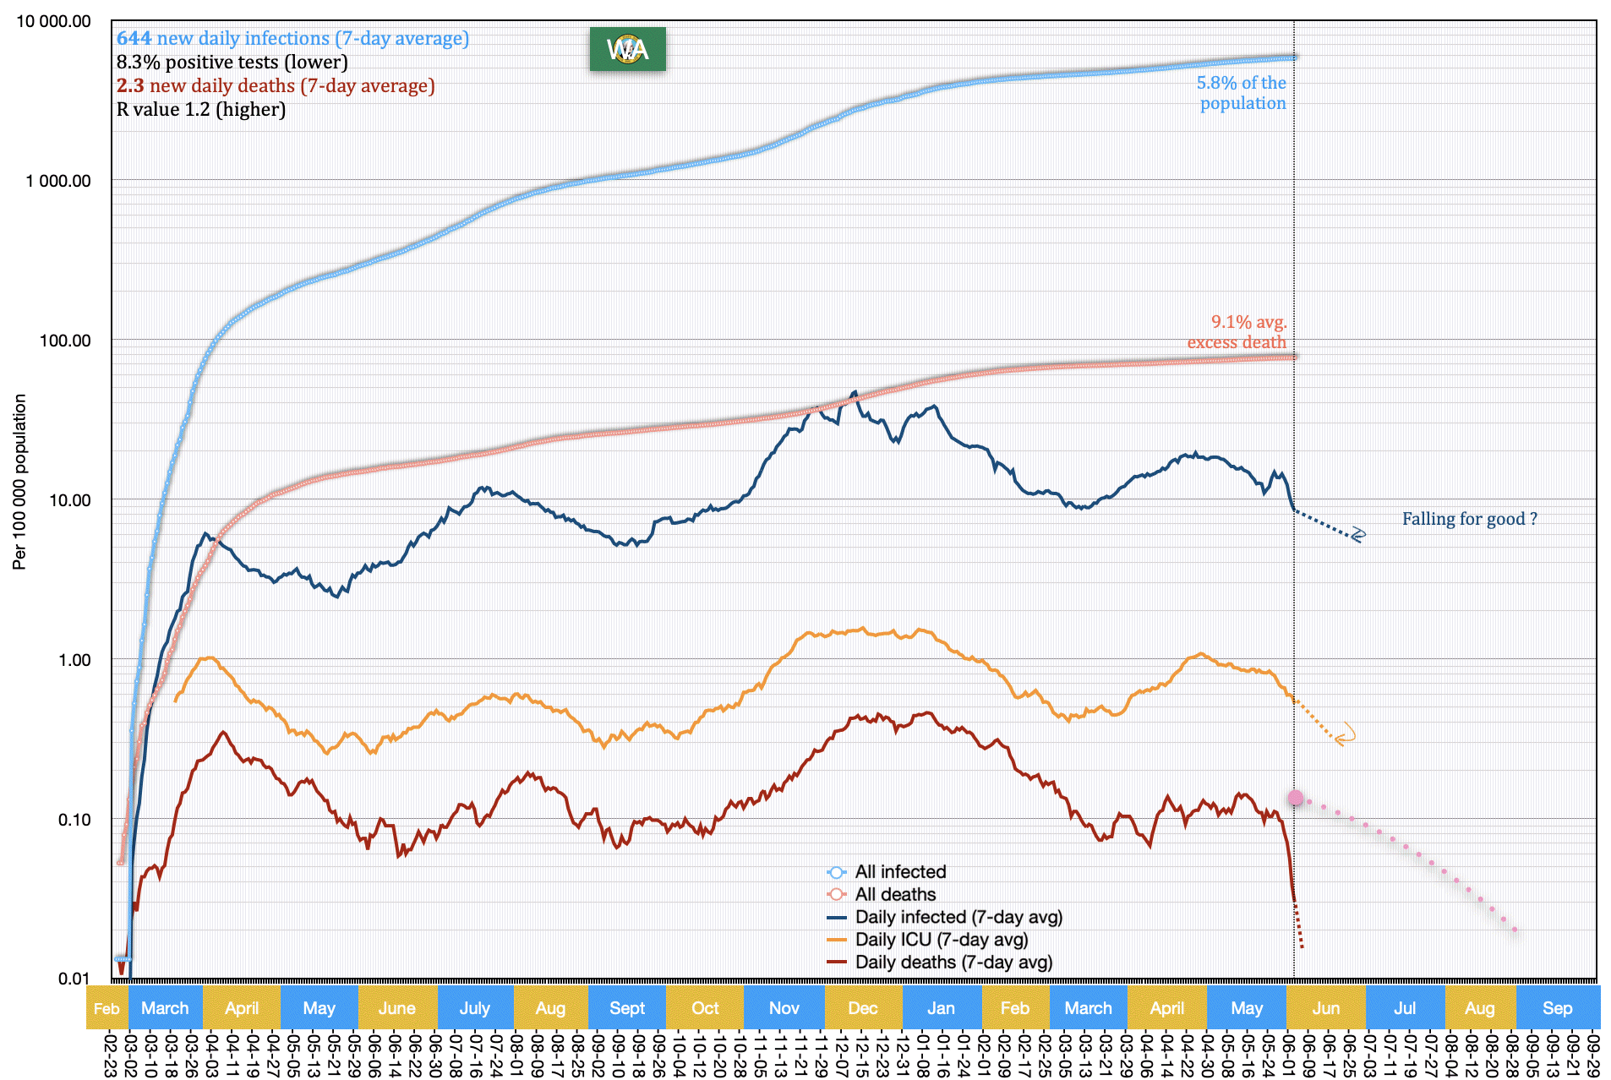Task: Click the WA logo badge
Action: pyautogui.click(x=627, y=49)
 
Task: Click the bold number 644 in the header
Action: pyautogui.click(x=134, y=38)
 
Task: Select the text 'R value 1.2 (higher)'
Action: pyautogui.click(x=201, y=109)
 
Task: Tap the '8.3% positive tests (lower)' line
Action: pyautogui.click(x=232, y=62)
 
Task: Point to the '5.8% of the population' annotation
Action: pyautogui.click(x=1242, y=93)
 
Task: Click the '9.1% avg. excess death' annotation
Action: pyautogui.click(x=1237, y=332)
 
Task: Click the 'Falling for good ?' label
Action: pyautogui.click(x=1469, y=519)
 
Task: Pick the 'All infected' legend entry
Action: pyautogui.click(x=899, y=871)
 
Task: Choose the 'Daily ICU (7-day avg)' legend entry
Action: pyautogui.click(x=941, y=939)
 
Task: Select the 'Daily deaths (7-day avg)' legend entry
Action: pyautogui.click(x=953, y=962)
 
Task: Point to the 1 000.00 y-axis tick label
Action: pyautogui.click(x=58, y=181)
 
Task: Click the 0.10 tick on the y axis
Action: pyautogui.click(x=74, y=819)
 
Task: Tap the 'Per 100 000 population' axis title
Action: pyautogui.click(x=19, y=482)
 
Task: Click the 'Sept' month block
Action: pyautogui.click(x=626, y=1007)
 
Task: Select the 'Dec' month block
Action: pyautogui.click(x=862, y=1007)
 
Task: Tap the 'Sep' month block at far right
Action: pyautogui.click(x=1557, y=1007)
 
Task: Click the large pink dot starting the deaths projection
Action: pyautogui.click(x=1296, y=798)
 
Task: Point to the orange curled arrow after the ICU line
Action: pyautogui.click(x=1344, y=734)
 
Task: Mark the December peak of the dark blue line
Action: pyautogui.click(x=855, y=392)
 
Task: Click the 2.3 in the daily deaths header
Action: pyautogui.click(x=130, y=85)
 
